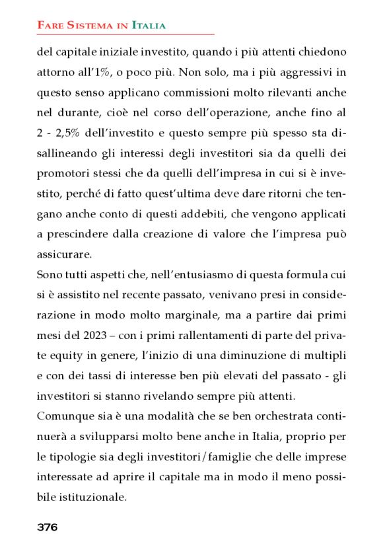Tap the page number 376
point(47,527)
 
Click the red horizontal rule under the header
point(125,34)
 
